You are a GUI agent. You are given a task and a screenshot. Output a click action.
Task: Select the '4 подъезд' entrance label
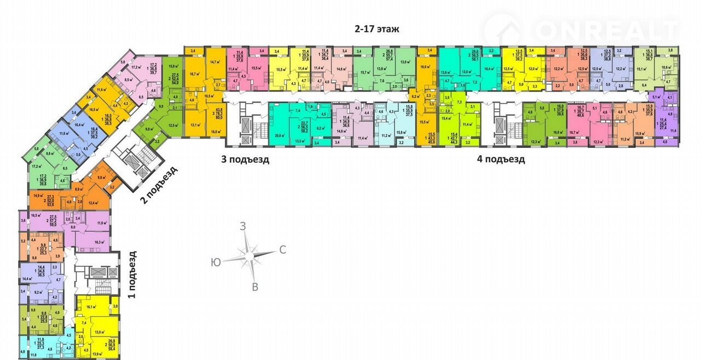pos(501,159)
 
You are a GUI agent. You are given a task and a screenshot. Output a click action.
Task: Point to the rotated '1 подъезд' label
pos(131,274)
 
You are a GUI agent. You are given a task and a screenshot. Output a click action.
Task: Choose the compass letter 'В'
pos(255,287)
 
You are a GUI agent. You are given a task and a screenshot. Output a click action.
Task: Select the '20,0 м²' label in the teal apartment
pos(280,135)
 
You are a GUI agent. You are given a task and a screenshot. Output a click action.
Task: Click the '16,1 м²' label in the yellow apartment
pos(90,307)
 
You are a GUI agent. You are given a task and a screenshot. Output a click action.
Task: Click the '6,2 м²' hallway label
pos(416,96)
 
